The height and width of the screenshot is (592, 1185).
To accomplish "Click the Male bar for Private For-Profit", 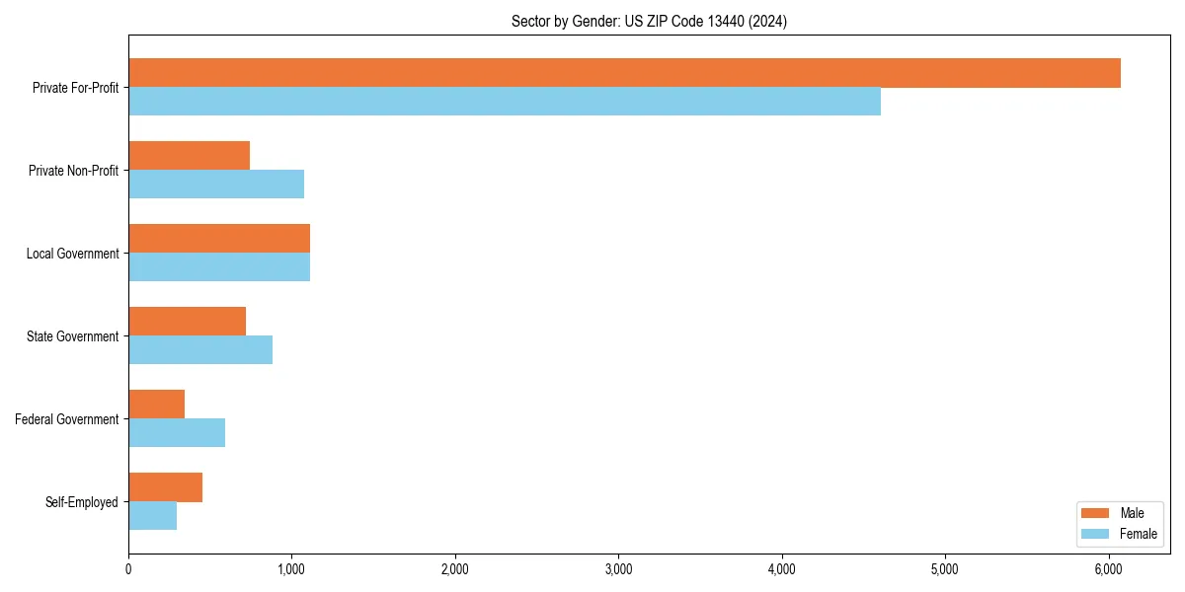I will (624, 73).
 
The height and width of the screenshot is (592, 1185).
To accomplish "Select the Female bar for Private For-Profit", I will (505, 102).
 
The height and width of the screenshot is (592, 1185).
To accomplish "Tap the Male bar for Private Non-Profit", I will (189, 156).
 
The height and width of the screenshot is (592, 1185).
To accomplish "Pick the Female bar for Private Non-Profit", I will (216, 185).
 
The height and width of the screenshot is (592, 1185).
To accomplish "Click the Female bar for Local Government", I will (219, 267).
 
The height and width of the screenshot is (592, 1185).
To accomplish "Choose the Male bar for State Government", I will (187, 322).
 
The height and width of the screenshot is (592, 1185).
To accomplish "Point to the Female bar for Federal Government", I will (177, 433).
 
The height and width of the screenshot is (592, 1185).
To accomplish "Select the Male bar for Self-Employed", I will (165, 487).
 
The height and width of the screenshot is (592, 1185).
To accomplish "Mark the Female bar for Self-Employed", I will (152, 516).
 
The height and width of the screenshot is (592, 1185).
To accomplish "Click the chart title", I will (649, 21).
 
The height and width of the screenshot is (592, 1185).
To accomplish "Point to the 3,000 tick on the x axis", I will (618, 568).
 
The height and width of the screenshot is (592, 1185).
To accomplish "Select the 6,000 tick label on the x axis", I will (1108, 568).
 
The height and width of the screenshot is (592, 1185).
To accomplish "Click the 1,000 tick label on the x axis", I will (291, 568).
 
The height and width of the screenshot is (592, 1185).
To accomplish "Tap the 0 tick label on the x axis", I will (128, 568).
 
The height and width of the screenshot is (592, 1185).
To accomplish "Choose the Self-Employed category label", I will (82, 502).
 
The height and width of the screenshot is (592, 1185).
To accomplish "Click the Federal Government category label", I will (67, 419).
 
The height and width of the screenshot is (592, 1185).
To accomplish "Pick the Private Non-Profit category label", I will (73, 171).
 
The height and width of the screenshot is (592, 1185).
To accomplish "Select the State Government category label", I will (73, 336).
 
